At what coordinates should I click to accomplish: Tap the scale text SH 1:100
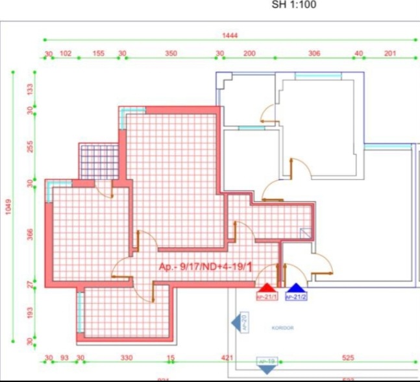tap(295, 6)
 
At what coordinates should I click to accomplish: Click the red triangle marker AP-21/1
tap(266, 289)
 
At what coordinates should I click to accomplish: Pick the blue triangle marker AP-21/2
tap(296, 289)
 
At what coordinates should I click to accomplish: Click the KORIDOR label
tap(282, 328)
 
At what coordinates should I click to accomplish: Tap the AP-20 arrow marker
tap(238, 322)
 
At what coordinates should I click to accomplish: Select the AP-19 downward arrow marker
tap(267, 366)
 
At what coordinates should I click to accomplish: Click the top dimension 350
tap(171, 53)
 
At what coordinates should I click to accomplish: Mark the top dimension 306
tap(314, 53)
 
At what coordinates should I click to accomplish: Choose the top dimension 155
tap(99, 53)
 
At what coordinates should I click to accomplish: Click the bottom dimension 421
tap(227, 357)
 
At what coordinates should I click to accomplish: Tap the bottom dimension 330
tap(127, 357)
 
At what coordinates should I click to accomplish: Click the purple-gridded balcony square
tap(99, 161)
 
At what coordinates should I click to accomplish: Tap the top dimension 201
tap(390, 53)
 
